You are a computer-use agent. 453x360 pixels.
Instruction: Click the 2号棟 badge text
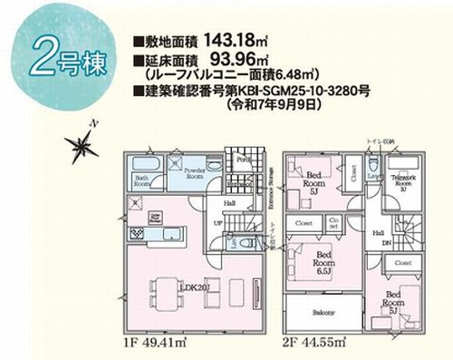coord(68,60)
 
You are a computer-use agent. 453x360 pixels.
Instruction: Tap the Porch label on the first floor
coord(242,160)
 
